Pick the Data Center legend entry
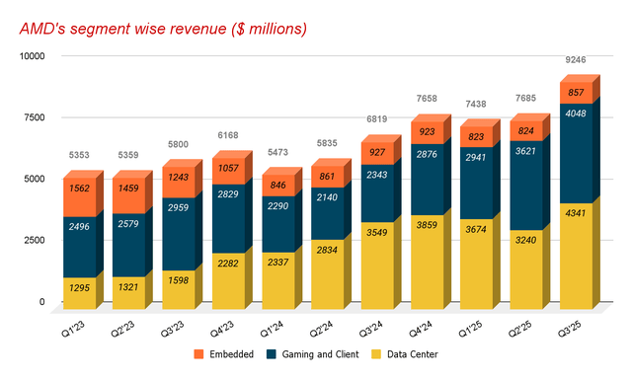pos(445,353)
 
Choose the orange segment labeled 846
pos(276,185)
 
